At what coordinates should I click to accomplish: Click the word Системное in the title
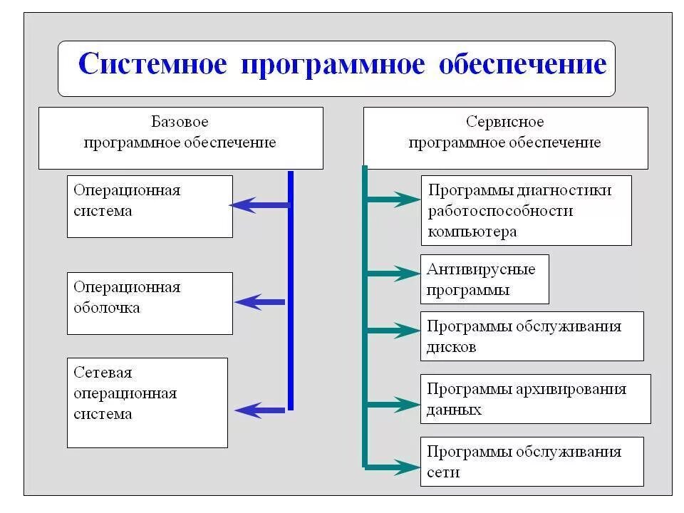(x=152, y=64)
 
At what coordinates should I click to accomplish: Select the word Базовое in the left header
(x=180, y=123)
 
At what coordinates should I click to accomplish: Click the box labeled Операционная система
(x=150, y=206)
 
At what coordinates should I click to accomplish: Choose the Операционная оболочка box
(x=150, y=303)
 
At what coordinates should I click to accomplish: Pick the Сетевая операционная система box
(x=147, y=403)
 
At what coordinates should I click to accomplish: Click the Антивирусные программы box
(x=484, y=279)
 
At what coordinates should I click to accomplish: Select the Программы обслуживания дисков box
(x=532, y=336)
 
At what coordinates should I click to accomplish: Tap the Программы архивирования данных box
(x=535, y=398)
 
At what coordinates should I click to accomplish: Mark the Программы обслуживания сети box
(x=532, y=461)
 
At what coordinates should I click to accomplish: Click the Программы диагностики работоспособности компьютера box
(x=526, y=210)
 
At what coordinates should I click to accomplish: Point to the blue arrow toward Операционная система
(x=259, y=205)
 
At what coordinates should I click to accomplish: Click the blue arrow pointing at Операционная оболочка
(x=260, y=302)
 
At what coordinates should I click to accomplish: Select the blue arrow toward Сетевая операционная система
(x=260, y=409)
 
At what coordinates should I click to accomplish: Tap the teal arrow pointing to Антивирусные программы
(x=393, y=272)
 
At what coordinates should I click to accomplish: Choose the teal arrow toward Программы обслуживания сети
(x=393, y=467)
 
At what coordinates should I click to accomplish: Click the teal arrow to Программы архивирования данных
(x=393, y=405)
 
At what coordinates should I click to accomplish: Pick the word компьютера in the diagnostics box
(x=472, y=232)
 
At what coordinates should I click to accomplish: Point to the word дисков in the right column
(x=452, y=347)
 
